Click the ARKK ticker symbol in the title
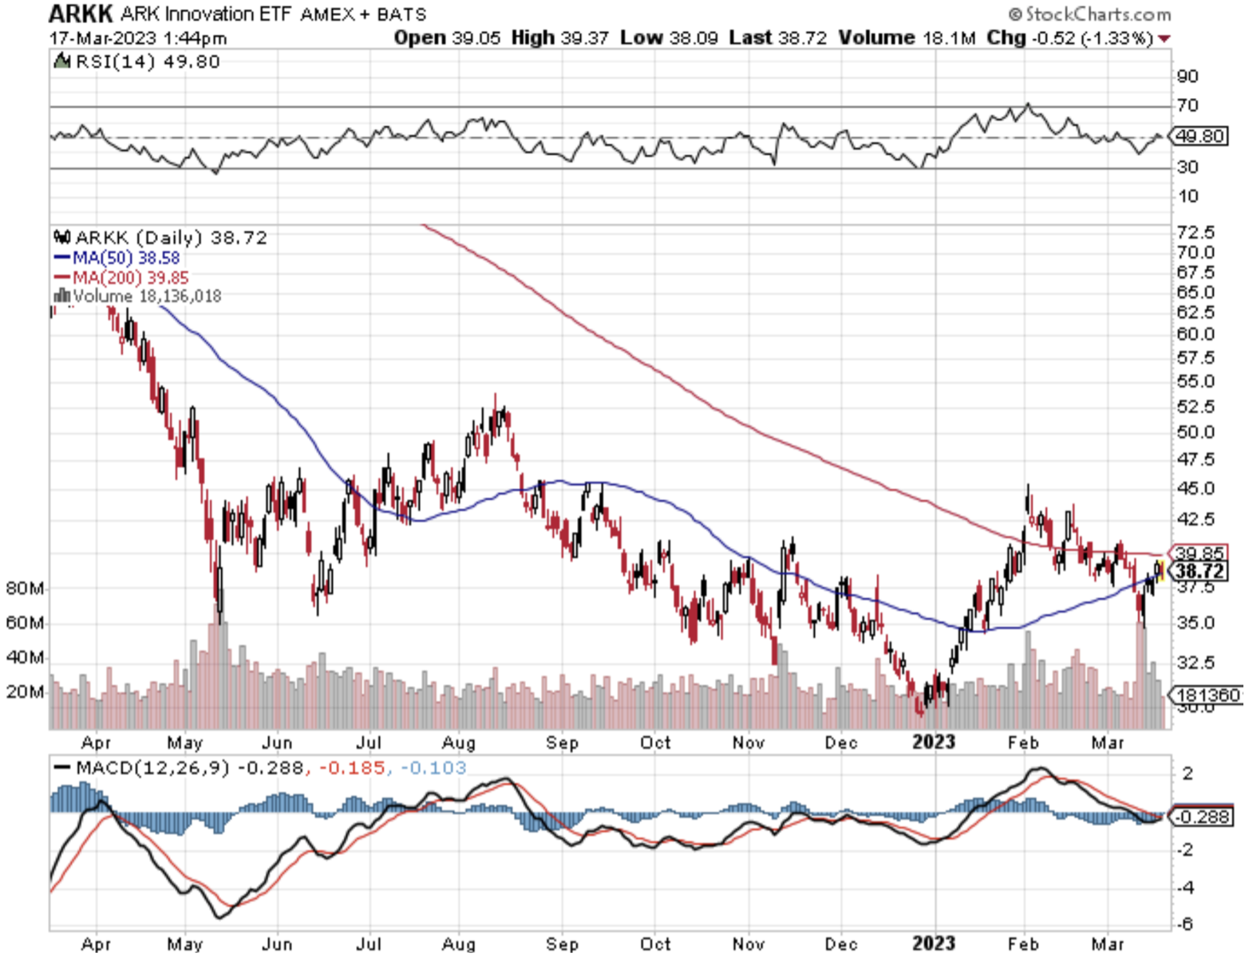81,14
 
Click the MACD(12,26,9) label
152,768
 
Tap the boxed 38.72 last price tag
1199,571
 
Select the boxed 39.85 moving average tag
1199,553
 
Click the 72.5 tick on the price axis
1196,232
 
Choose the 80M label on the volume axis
24,589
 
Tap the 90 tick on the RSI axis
1188,77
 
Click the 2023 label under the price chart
933,742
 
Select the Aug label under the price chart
458,742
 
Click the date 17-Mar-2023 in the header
102,38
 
